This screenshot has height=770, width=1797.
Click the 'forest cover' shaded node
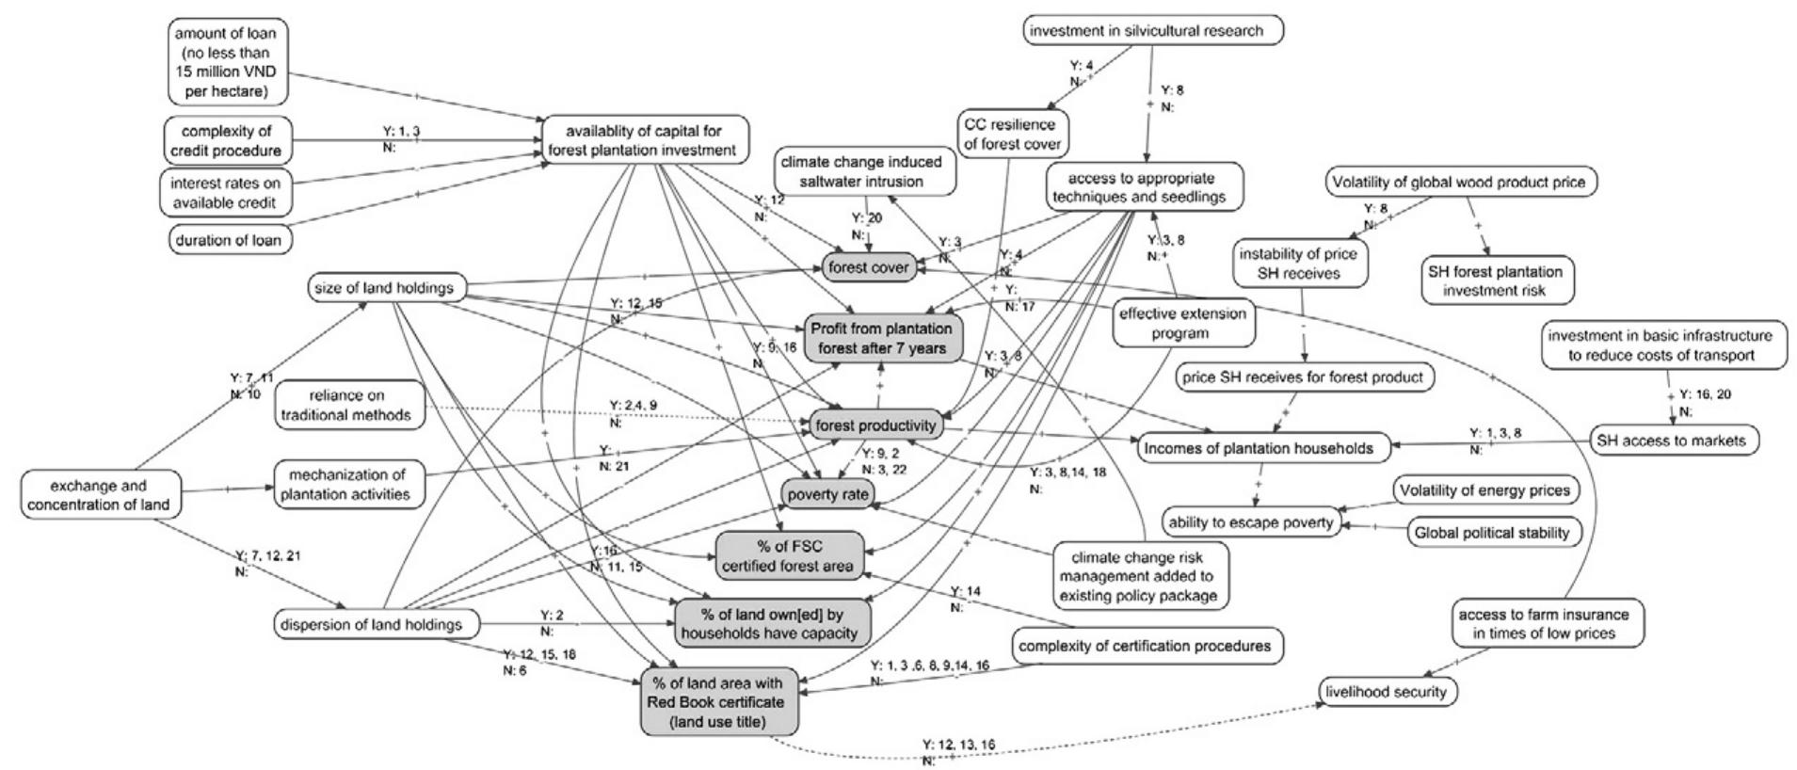868,268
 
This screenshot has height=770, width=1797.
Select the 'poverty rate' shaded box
828,494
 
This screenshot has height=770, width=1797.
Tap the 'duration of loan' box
229,240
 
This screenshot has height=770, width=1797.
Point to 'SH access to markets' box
1671,441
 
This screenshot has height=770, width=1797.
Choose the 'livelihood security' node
1386,692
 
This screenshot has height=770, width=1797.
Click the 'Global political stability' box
1492,533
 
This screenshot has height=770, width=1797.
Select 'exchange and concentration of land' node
99,495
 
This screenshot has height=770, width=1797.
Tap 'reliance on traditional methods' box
346,405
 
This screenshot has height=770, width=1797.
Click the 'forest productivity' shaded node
875,425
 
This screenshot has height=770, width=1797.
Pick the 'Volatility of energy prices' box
1484,490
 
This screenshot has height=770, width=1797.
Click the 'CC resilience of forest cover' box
1010,135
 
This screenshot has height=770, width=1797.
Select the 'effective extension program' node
1181,323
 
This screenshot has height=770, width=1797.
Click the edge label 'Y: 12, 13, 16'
958,745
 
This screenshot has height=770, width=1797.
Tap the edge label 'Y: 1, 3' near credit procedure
401,132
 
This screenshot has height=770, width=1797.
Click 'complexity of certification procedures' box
1145,646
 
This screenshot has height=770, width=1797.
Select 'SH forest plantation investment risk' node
1495,281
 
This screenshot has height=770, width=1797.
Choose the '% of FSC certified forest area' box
788,556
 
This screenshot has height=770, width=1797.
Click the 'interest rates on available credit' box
226,193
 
